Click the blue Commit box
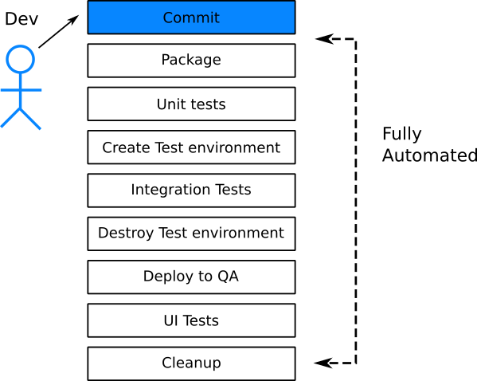click(191, 18)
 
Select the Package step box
click(191, 61)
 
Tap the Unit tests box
click(191, 104)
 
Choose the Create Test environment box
click(191, 147)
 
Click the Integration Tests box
click(191, 190)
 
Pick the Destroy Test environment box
click(191, 234)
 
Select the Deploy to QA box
click(191, 277)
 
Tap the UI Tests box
click(191, 320)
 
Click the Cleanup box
click(191, 363)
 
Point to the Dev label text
click(22, 18)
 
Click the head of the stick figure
click(21, 59)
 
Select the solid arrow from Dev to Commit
click(59, 32)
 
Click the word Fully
click(402, 134)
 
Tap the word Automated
click(429, 155)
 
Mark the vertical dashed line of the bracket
click(355, 199)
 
